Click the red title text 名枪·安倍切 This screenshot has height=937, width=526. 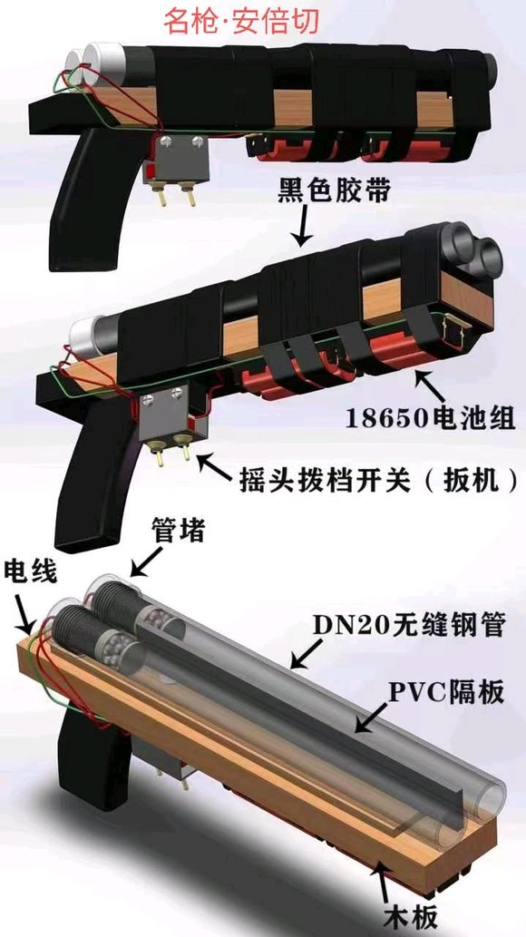point(241,20)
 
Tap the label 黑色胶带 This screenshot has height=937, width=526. point(334,192)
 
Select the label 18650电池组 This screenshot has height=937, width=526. point(430,418)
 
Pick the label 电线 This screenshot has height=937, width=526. point(30,571)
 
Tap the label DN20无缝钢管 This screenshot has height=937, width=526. point(410,625)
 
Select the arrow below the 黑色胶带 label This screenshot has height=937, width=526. point(303,227)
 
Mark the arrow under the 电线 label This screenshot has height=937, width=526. point(24,611)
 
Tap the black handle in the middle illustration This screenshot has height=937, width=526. point(90,472)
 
